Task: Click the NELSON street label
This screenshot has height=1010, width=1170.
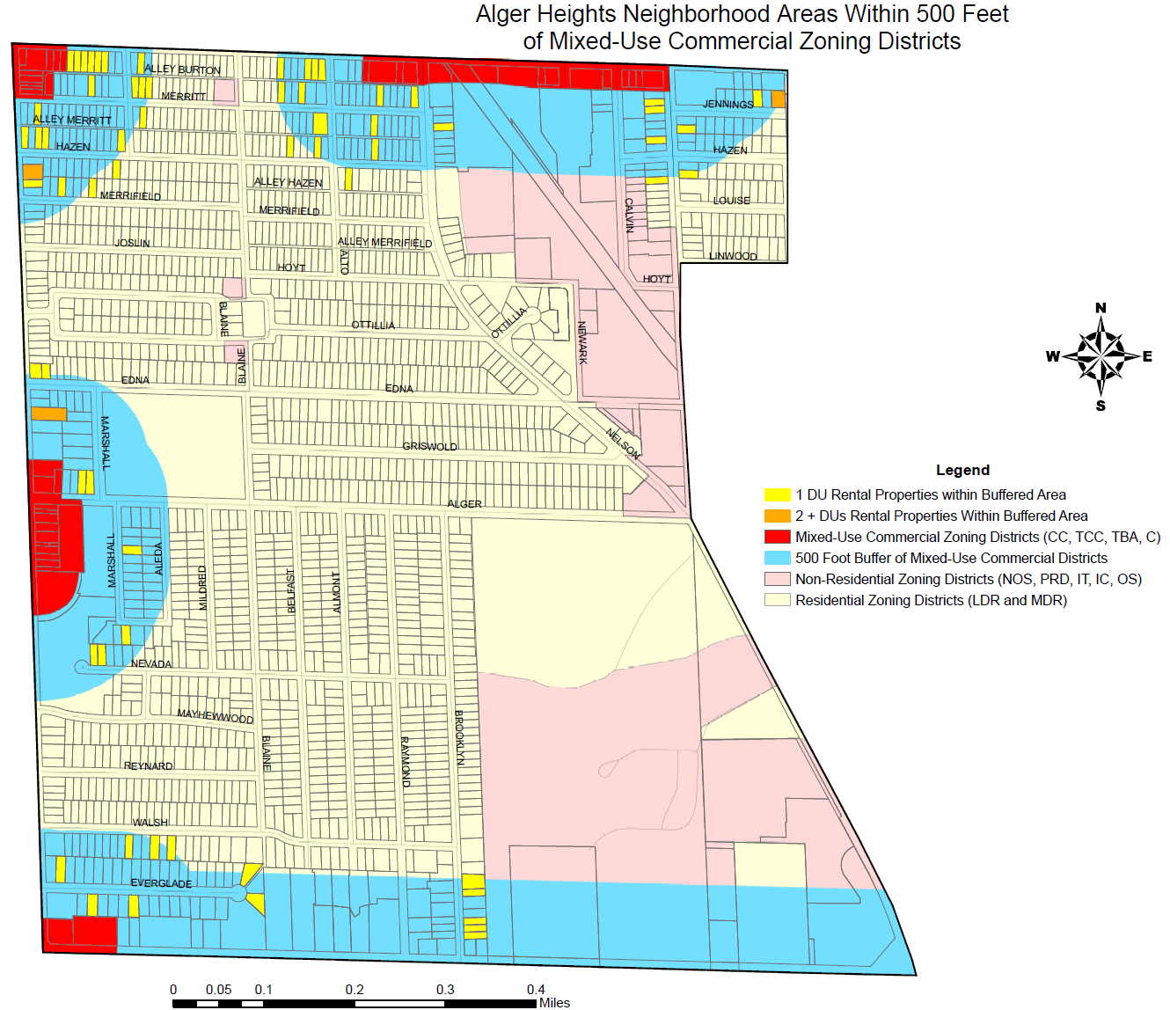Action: pos(623,443)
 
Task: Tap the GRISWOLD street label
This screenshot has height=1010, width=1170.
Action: pos(429,446)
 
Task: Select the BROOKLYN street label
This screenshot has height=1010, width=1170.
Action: pos(459,737)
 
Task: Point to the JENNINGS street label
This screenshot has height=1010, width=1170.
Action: pos(728,104)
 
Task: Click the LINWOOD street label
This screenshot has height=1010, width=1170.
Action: pos(733,256)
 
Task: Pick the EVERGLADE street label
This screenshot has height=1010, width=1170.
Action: pos(161,883)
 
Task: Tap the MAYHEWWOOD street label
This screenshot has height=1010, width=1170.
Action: pos(215,716)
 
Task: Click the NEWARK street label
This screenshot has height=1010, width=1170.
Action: pos(582,342)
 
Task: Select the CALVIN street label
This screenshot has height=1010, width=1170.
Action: pos(629,215)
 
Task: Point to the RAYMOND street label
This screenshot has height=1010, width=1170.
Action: pos(406,761)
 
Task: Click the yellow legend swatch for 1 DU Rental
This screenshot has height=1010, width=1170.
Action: pos(778,494)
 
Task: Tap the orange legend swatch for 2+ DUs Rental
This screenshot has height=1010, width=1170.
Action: pos(778,516)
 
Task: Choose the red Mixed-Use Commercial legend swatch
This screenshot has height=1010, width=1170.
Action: pos(778,537)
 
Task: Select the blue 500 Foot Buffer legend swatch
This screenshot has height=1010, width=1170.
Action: pos(778,558)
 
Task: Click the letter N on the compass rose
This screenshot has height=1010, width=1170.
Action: pos(1101,308)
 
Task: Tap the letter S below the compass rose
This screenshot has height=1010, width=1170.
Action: pos(1101,406)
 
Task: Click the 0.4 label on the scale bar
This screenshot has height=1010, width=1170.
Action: pos(536,990)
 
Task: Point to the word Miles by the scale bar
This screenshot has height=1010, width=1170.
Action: pos(554,1003)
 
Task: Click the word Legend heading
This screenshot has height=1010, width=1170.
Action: pos(962,470)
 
